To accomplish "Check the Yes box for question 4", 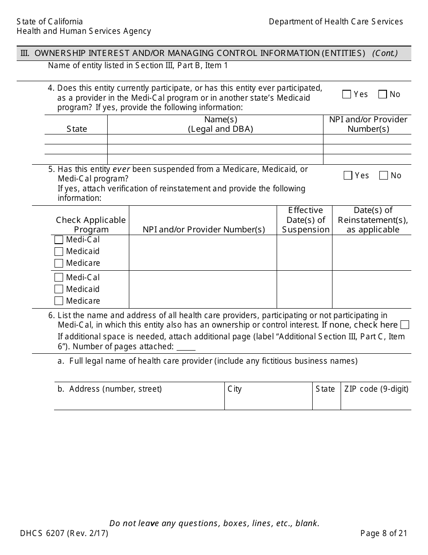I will pyautogui.click(x=346, y=94).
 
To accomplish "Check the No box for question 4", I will pyautogui.click(x=382, y=94).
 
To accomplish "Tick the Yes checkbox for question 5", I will pyautogui.click(x=348, y=176).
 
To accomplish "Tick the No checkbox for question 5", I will pyautogui.click(x=383, y=176).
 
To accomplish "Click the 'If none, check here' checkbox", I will pyautogui.click(x=405, y=325).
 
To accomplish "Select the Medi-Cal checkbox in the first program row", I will pyautogui.click(x=59, y=240).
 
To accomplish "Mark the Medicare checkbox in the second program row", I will pyautogui.click(x=59, y=301).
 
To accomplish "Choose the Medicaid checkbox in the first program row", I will pyautogui.click(x=59, y=251).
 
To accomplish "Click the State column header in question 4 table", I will pyautogui.click(x=77, y=129).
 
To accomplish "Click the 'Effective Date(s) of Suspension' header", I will pyautogui.click(x=305, y=220).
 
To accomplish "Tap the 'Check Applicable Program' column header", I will pyautogui.click(x=91, y=225).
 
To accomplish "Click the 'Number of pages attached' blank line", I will pyautogui.click(x=186, y=348).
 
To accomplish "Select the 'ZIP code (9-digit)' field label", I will pyautogui.click(x=376, y=389).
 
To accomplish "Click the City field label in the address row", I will pyautogui.click(x=235, y=389).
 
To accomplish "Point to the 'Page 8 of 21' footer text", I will pyautogui.click(x=383, y=533).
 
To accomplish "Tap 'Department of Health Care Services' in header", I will pyautogui.click(x=336, y=22).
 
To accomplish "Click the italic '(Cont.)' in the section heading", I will pyautogui.click(x=385, y=53).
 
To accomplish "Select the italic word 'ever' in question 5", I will pyautogui.click(x=121, y=169).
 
